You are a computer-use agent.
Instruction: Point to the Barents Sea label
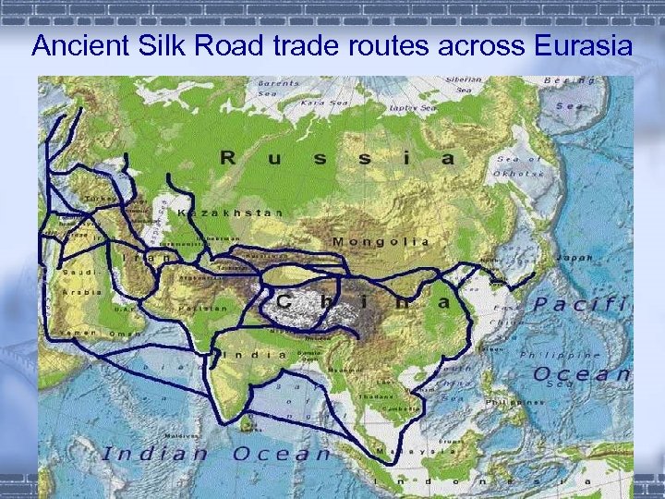278,88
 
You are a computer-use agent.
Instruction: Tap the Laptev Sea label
413,108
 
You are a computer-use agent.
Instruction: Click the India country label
255,354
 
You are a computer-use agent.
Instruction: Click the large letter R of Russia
227,158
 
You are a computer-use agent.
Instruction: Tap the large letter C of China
285,301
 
